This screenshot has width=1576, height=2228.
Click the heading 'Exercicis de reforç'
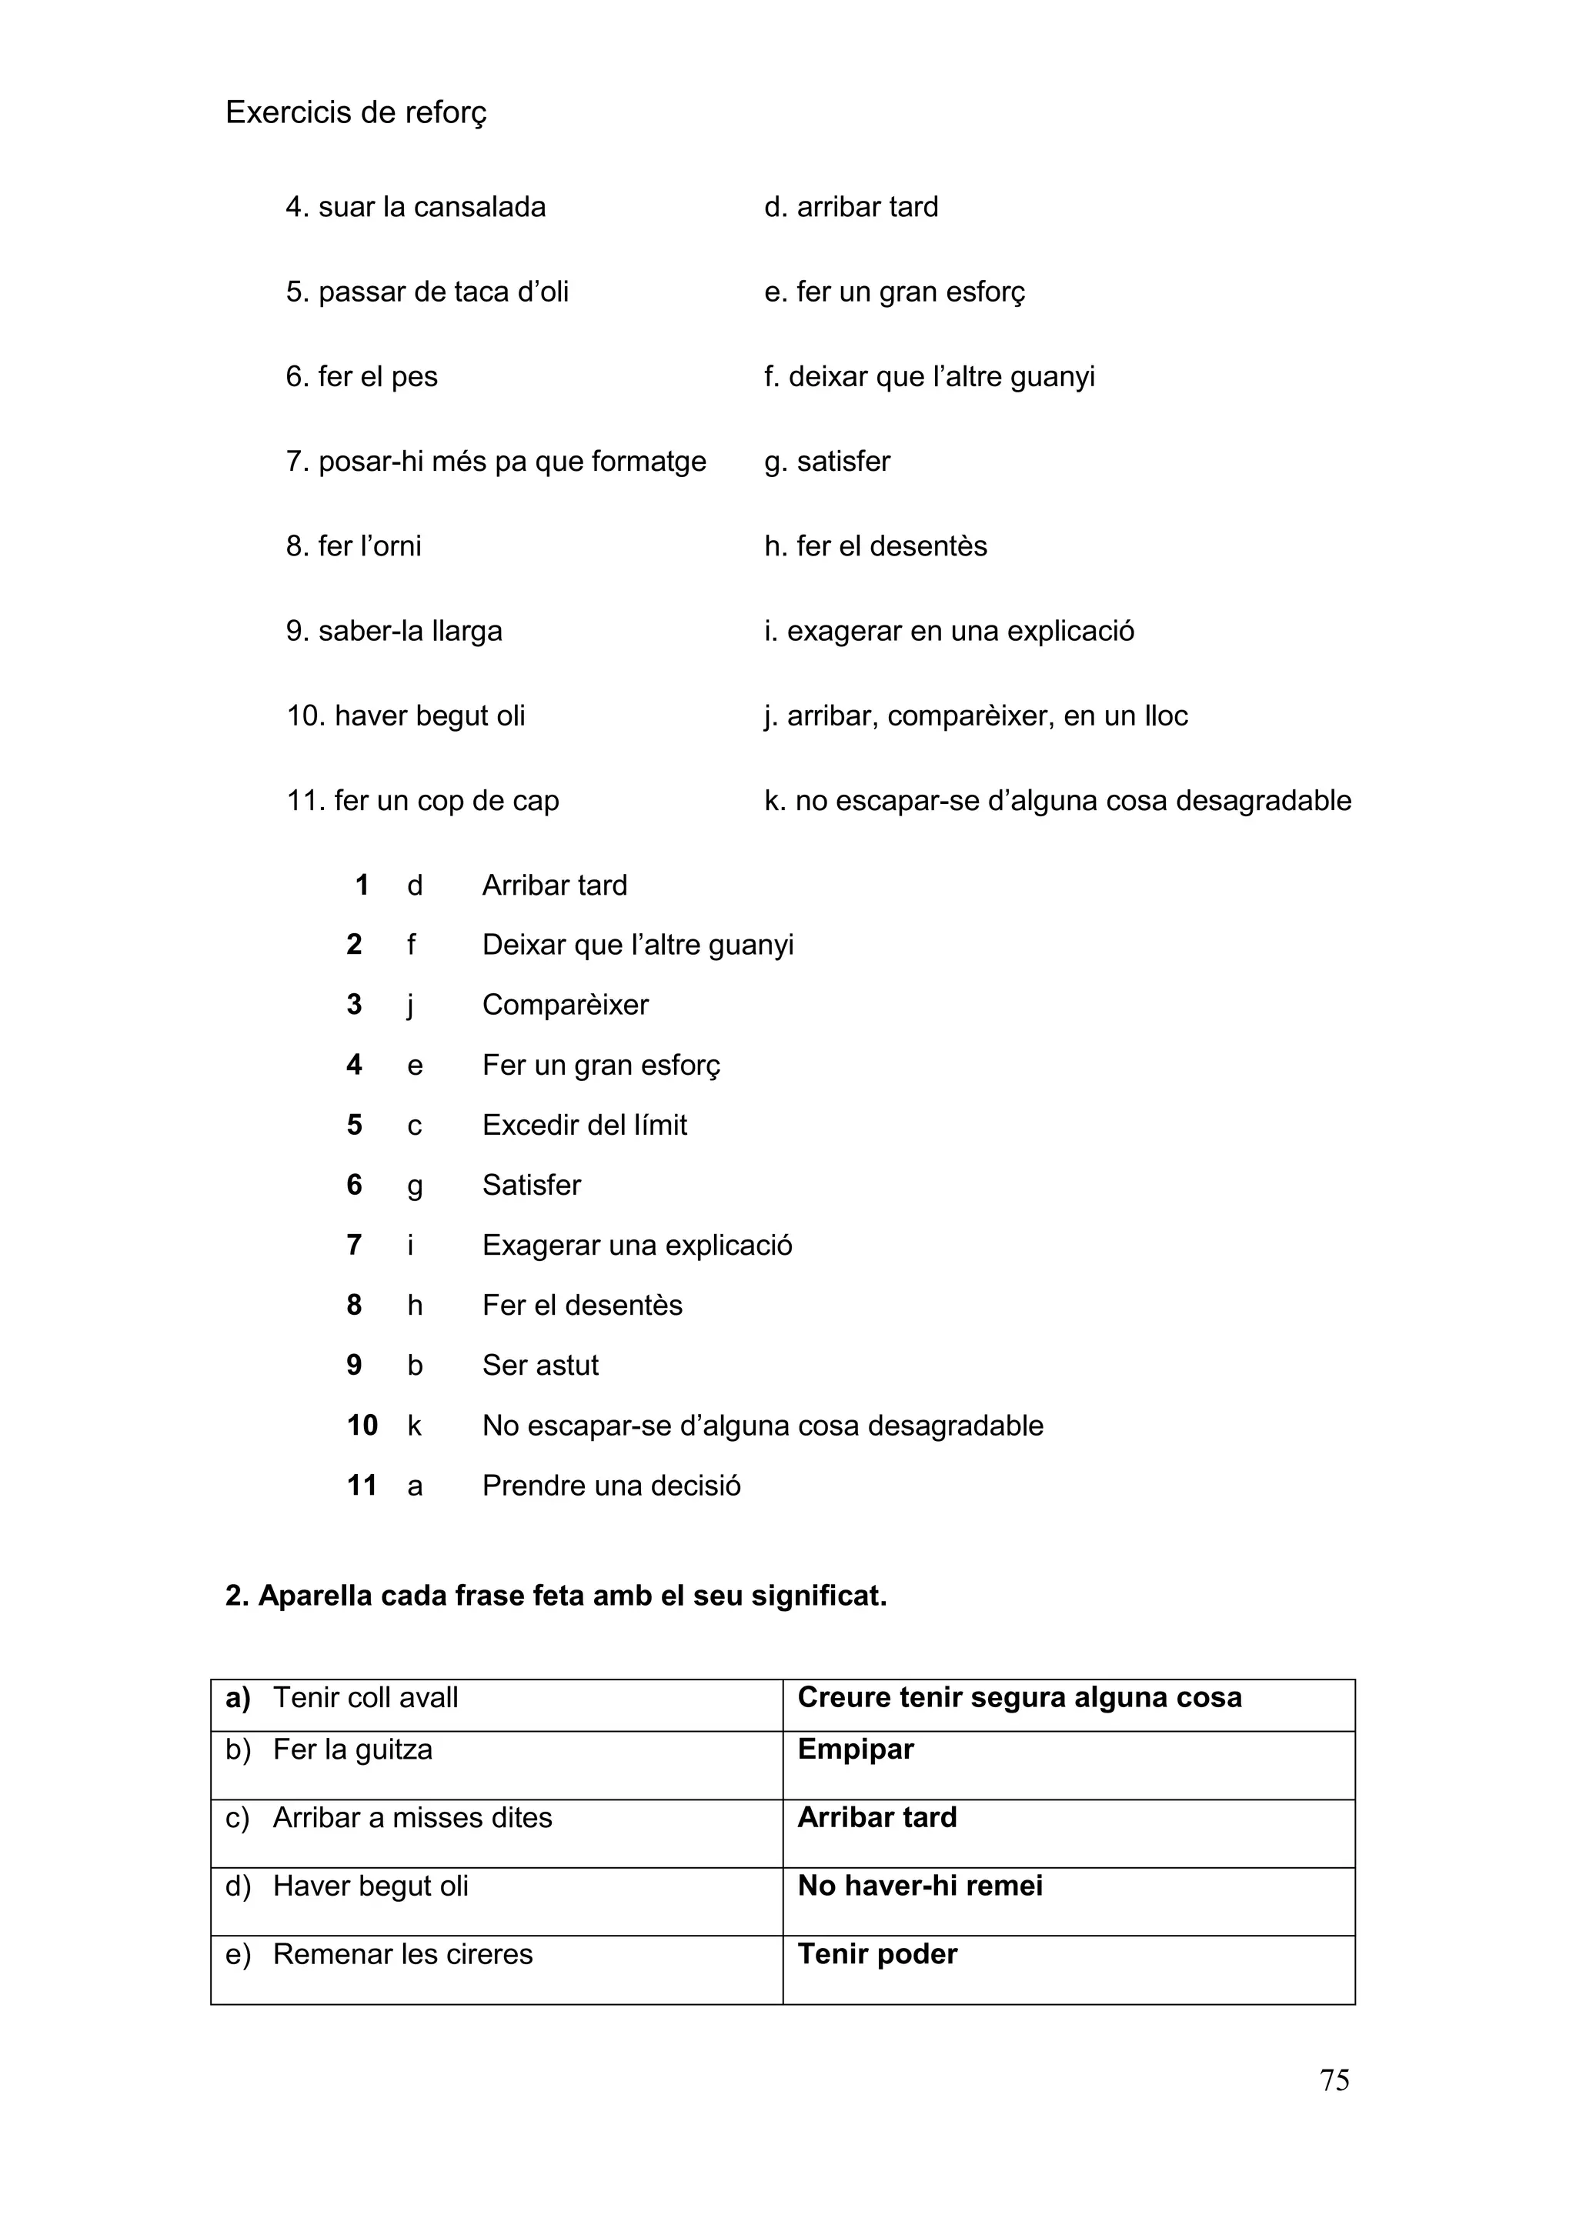(356, 112)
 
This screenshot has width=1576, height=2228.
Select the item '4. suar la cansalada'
(416, 207)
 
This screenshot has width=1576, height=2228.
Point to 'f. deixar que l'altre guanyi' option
(929, 376)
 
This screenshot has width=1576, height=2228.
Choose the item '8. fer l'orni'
(353, 546)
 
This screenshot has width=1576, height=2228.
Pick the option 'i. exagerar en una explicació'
(948, 631)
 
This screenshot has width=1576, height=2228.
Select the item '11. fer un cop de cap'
(422, 801)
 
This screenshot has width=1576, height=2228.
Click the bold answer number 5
(354, 1125)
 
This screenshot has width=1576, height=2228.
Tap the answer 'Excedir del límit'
(584, 1125)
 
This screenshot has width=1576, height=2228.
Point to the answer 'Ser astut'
(540, 1366)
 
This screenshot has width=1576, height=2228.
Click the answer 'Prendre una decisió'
(611, 1486)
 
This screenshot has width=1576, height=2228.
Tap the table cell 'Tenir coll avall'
(366, 1698)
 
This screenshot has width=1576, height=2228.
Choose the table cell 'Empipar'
(855, 1749)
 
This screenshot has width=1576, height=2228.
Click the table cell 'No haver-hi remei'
(920, 1886)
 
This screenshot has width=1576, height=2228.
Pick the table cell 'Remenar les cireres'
(402, 1953)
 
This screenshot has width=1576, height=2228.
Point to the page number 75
(1334, 2080)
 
